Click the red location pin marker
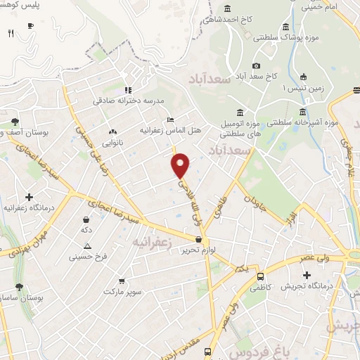point(181,164)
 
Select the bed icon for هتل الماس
point(170,119)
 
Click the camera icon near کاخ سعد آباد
point(256,65)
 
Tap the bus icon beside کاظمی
point(261,276)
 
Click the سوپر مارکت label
point(124,290)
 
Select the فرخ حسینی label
point(87,257)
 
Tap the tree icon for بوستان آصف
point(15,121)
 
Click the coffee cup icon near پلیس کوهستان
point(30,25)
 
